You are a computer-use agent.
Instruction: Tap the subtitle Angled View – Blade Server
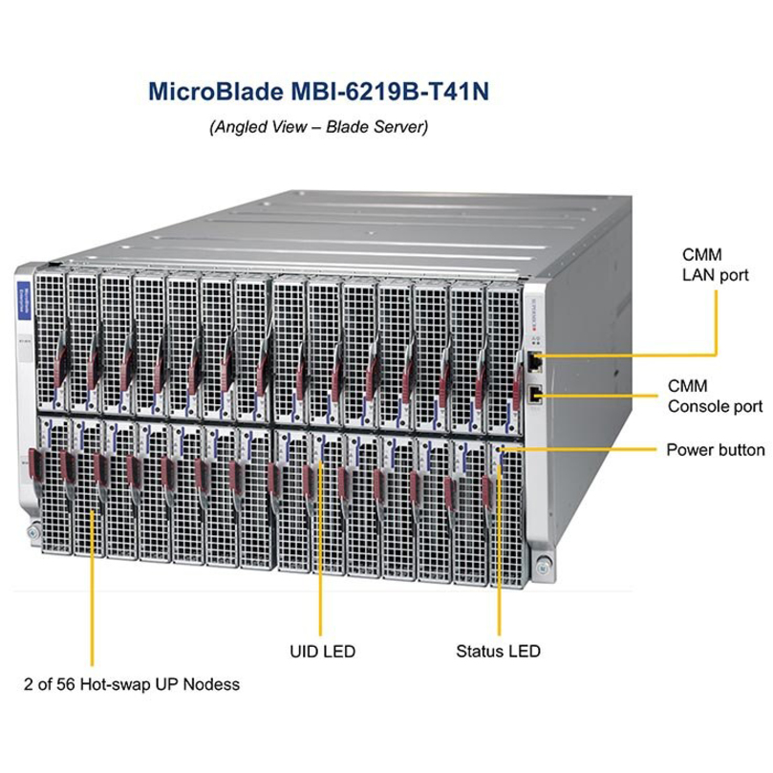(x=318, y=126)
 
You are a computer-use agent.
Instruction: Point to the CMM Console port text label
(x=714, y=397)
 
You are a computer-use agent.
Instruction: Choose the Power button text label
(x=715, y=449)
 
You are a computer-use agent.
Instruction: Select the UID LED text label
(x=322, y=652)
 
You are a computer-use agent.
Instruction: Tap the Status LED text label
(x=498, y=652)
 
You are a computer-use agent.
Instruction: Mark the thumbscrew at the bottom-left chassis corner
(x=34, y=526)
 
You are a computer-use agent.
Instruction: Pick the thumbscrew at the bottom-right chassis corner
(x=543, y=561)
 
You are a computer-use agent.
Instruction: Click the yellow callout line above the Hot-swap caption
(x=92, y=583)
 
